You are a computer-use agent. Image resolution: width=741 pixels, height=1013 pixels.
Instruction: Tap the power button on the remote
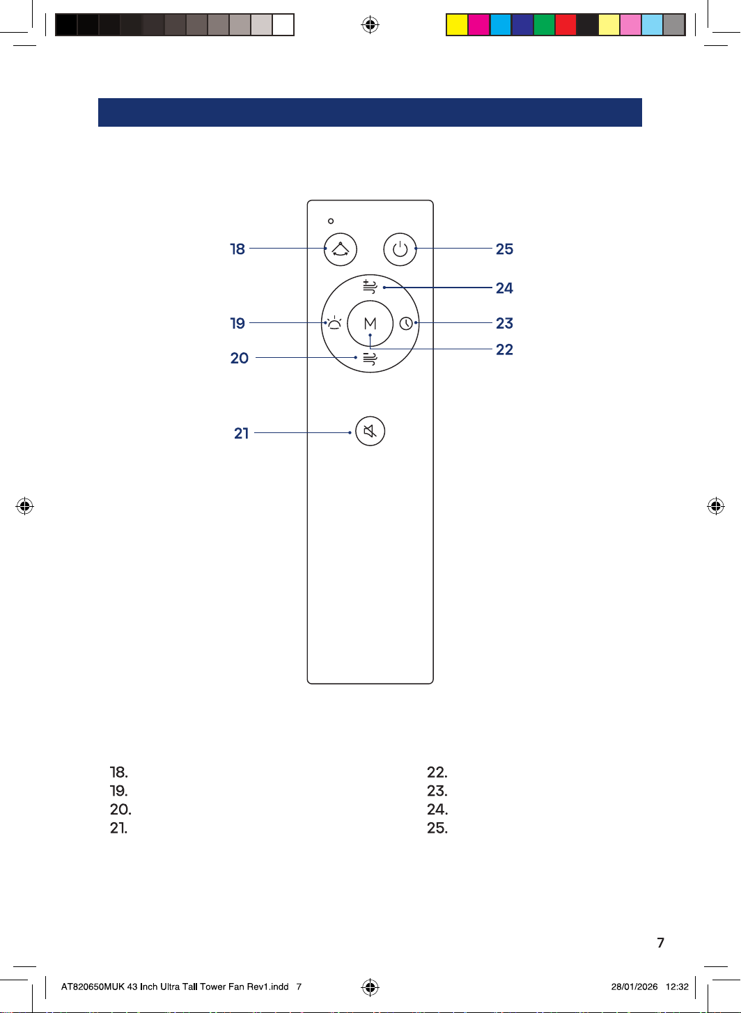coord(400,249)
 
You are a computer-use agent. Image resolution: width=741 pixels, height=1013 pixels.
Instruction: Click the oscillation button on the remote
coord(340,249)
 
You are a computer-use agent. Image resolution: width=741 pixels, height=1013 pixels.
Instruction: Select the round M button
coord(370,323)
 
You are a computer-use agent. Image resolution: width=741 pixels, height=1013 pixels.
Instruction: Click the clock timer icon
coord(406,324)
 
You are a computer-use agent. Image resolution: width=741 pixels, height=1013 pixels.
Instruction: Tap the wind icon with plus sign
coord(370,287)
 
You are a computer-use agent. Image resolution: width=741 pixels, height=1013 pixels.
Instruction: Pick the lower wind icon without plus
coord(370,359)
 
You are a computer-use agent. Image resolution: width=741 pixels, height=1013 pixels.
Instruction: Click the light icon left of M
coord(334,323)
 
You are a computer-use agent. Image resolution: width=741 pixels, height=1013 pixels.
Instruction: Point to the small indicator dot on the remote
coord(331,221)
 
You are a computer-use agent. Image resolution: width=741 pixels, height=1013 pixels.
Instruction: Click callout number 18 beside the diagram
coord(237,249)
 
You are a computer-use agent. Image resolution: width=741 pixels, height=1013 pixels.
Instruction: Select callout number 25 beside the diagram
coord(504,249)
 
